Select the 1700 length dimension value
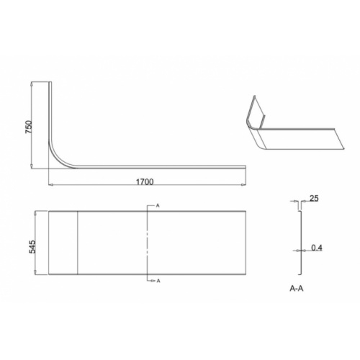click(145, 182)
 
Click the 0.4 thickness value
click(317, 248)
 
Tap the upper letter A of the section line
click(157, 205)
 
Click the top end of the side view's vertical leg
click(50, 84)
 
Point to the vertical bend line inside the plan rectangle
click(77, 242)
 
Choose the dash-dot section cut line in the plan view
click(148, 242)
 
